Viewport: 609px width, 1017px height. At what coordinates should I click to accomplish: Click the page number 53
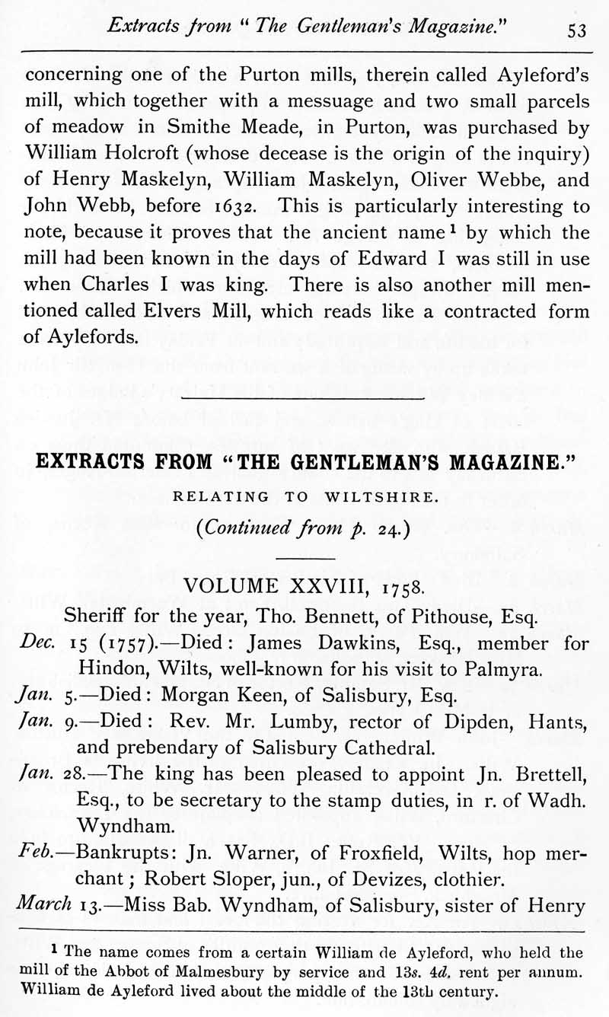576,30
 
